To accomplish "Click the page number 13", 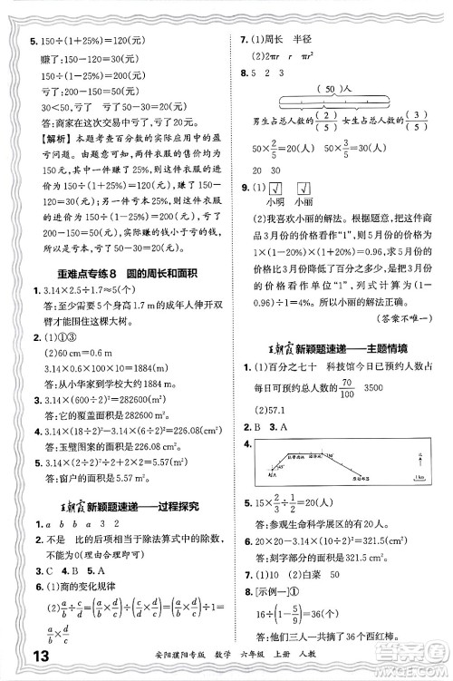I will pos(17,658).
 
